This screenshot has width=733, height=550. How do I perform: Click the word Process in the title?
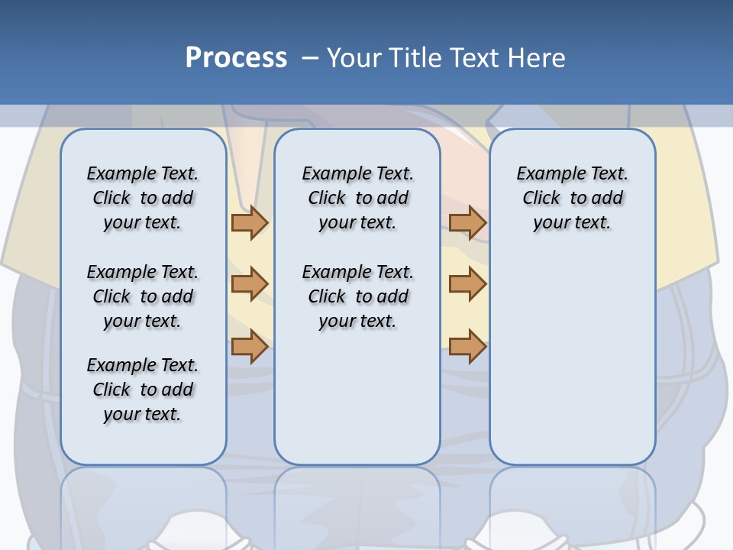coord(236,58)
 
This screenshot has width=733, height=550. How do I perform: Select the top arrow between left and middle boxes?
coord(250,222)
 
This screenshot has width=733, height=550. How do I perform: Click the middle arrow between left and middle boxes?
coord(250,284)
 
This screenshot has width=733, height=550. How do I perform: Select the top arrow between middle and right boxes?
coord(467,222)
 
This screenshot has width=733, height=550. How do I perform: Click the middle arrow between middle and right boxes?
coord(467,284)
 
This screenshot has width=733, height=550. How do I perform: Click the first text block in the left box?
coord(143,198)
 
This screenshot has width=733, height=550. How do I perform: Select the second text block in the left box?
coord(143,296)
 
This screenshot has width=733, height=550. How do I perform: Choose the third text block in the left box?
coord(143,390)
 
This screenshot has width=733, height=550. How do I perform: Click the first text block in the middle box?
coord(357,198)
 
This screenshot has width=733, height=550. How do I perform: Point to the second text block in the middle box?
coord(357,296)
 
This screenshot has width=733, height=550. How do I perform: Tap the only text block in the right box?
coord(573,198)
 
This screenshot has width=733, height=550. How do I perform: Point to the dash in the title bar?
coord(310,58)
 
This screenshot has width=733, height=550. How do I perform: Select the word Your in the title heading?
coord(354,58)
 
